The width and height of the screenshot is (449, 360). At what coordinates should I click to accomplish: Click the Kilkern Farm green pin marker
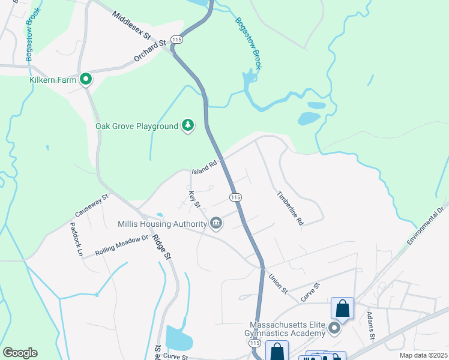tap(86, 79)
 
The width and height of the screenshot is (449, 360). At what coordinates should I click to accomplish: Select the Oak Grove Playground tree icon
tap(188, 125)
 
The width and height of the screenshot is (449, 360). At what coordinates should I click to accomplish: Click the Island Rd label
tap(203, 169)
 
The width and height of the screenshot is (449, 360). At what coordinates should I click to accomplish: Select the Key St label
tap(194, 200)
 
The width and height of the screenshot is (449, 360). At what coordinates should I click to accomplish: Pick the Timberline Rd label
tap(290, 208)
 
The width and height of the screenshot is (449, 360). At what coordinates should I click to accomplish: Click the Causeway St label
tap(92, 205)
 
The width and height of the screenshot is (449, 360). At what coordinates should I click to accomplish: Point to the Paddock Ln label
tap(75, 239)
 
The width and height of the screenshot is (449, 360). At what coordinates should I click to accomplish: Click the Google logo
tap(20, 353)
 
